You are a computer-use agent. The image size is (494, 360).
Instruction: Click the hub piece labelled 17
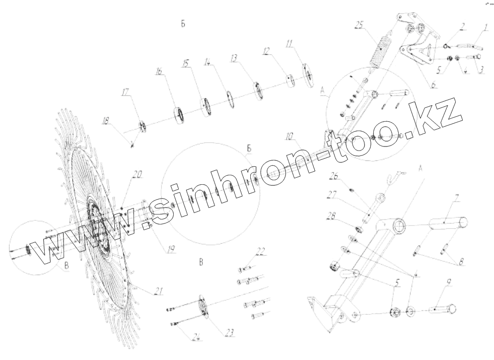tap(141, 127)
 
